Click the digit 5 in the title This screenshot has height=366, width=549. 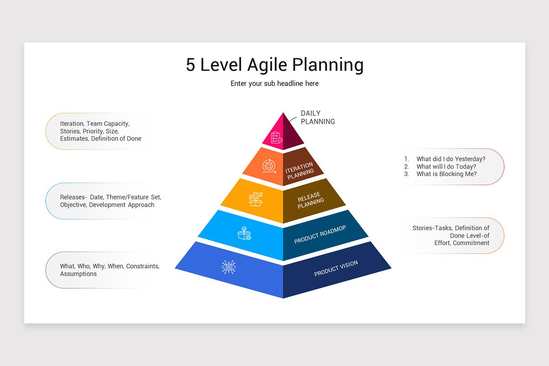(x=190, y=65)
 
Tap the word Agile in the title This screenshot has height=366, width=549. (x=267, y=65)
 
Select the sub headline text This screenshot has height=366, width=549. (x=274, y=84)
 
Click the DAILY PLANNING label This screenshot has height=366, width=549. (x=318, y=118)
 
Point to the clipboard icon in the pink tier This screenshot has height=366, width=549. (x=276, y=138)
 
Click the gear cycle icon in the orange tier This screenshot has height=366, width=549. (x=269, y=166)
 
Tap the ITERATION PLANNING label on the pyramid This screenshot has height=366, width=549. (x=300, y=171)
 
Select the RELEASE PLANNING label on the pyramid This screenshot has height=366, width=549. (x=311, y=200)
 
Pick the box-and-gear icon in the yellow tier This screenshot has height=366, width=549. (x=256, y=199)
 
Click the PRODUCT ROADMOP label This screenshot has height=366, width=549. (x=320, y=235)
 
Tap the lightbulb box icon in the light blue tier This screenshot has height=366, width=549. (x=244, y=233)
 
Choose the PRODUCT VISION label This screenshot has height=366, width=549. (x=336, y=269)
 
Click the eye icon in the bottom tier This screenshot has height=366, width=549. (x=229, y=267)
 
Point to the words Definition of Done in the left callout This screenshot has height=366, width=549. (x=116, y=139)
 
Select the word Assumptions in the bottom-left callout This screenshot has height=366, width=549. (x=78, y=274)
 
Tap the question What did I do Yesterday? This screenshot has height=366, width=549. (x=451, y=159)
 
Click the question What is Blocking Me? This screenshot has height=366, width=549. (x=447, y=174)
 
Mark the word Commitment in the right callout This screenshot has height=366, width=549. (x=471, y=243)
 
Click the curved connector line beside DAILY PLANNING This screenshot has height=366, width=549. (x=293, y=119)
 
